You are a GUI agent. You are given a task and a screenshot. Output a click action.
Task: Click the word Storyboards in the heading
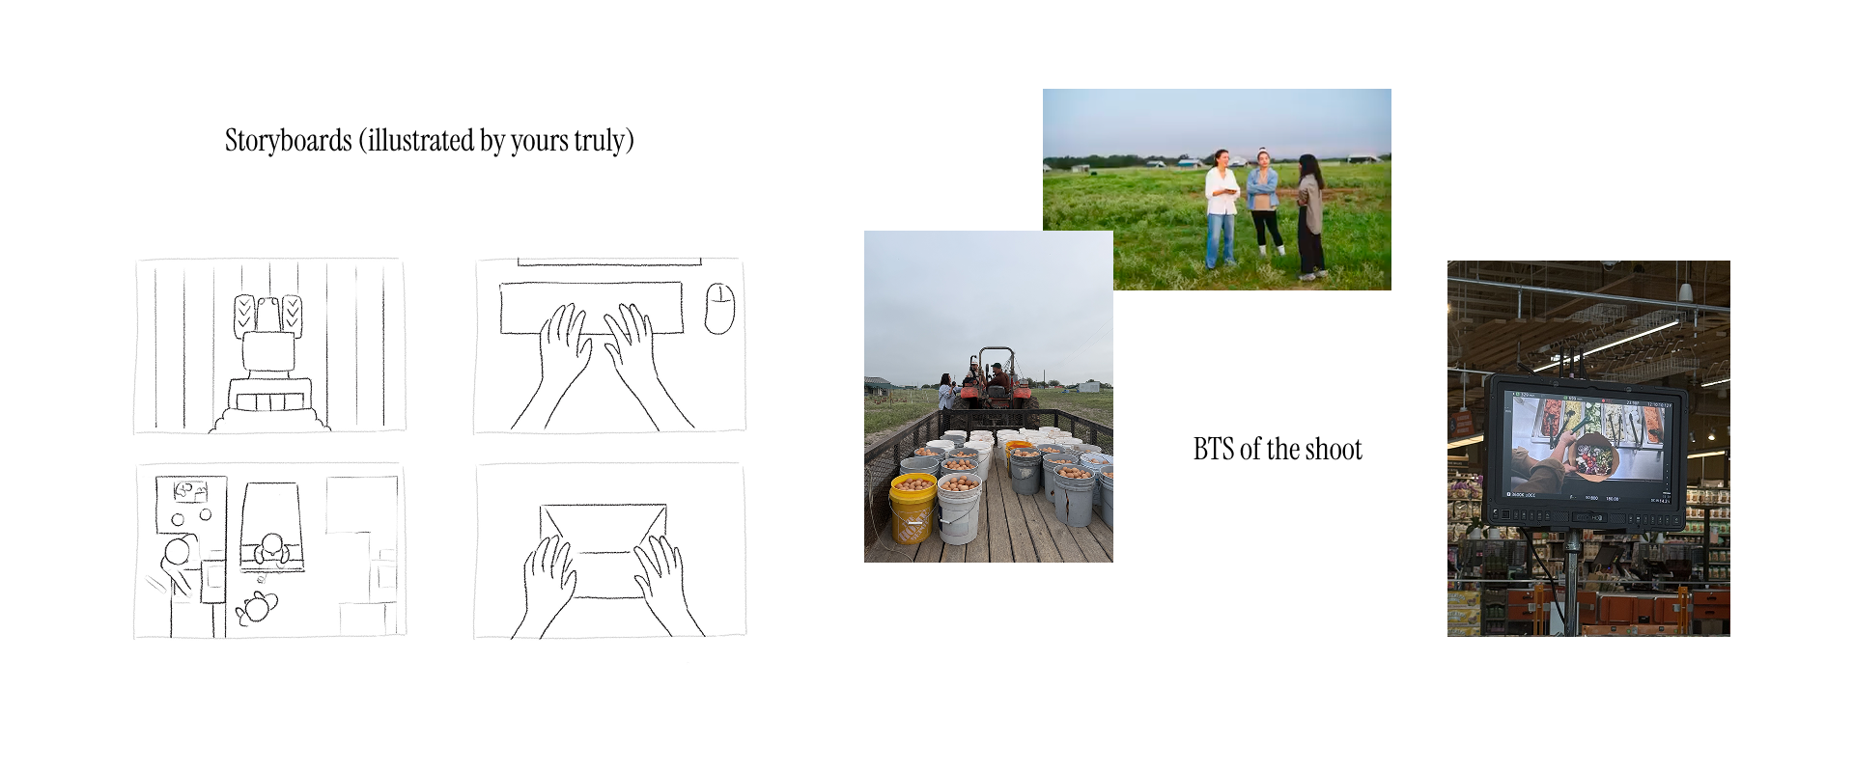point(288,141)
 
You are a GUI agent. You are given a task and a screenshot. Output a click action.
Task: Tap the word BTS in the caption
point(1213,450)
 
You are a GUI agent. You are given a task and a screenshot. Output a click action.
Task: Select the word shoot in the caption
point(1334,450)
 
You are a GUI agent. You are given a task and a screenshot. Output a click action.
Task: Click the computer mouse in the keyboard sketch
point(719,309)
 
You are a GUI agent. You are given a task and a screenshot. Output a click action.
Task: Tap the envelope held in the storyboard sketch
point(604,550)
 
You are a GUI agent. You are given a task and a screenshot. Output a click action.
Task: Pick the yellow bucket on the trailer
point(913,507)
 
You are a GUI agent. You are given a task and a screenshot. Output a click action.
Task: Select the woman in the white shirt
point(1222,207)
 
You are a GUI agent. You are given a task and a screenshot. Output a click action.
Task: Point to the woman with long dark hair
point(1310,214)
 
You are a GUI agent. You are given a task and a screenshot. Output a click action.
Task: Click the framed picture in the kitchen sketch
point(190,491)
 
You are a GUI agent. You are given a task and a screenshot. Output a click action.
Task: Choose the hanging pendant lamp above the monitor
point(1684,290)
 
